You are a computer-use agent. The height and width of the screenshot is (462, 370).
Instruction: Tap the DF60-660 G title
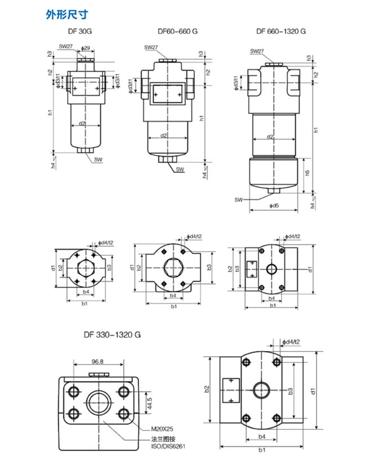tap(177, 32)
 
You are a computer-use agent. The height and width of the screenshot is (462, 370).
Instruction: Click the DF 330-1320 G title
tap(112, 335)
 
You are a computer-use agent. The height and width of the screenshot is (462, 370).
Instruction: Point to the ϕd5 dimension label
tap(274, 206)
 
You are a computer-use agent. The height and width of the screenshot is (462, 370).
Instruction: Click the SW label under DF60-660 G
tap(180, 169)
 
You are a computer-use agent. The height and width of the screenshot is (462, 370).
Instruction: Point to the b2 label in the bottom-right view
tap(207, 389)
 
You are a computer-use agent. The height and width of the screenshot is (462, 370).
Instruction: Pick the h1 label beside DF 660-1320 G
tap(316, 130)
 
